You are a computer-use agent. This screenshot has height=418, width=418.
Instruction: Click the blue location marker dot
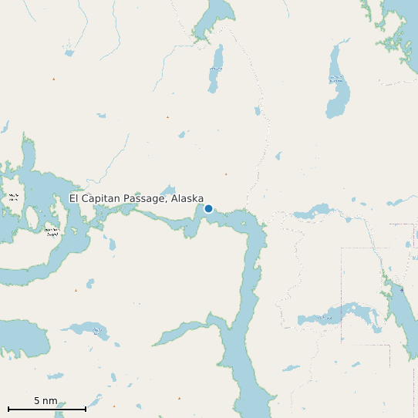point(208,208)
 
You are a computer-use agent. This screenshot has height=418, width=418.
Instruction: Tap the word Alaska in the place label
point(187,199)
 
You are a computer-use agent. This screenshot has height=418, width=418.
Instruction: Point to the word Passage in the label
point(148,199)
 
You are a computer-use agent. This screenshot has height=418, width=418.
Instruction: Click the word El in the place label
point(74,199)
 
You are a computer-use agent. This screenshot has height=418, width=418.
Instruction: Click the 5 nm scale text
point(46,401)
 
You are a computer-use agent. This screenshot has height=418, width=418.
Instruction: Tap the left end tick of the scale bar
point(8,408)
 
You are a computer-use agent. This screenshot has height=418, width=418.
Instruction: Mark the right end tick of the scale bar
point(86,408)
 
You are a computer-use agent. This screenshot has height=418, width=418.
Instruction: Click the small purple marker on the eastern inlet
point(401,289)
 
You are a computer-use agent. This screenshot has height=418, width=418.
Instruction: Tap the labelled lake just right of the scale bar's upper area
point(96,331)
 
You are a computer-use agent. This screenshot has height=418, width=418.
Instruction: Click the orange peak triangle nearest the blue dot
point(226,174)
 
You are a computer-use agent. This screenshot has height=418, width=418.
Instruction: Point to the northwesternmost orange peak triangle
point(53,79)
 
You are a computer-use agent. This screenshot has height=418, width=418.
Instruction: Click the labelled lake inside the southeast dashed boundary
point(339,314)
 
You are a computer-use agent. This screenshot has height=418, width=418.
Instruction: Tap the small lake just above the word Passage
point(167,190)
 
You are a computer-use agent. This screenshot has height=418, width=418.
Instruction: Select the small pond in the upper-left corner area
point(69,53)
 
